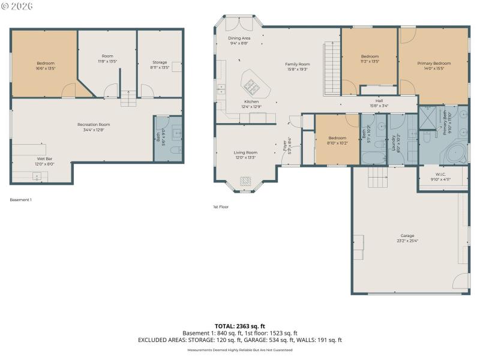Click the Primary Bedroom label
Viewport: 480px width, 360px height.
(x=434, y=63)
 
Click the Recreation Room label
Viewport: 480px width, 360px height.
(x=94, y=125)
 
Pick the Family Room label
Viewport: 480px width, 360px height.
(x=297, y=64)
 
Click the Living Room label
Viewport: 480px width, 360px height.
(x=245, y=153)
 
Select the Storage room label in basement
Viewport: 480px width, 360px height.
(x=159, y=62)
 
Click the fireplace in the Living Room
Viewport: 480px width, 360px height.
(x=245, y=181)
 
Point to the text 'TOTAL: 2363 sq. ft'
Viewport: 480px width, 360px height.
(x=240, y=326)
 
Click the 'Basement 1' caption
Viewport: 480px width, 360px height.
(x=21, y=200)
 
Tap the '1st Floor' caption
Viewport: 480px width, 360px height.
(x=221, y=206)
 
